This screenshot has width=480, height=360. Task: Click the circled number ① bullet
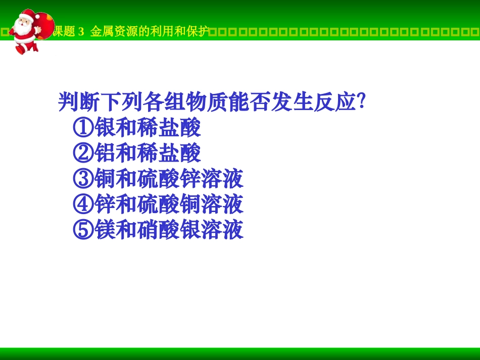pos(83,128)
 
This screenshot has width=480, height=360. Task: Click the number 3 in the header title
pos(81,32)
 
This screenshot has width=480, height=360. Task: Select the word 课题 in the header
pos(65,32)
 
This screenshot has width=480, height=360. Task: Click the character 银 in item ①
pos(105,128)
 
